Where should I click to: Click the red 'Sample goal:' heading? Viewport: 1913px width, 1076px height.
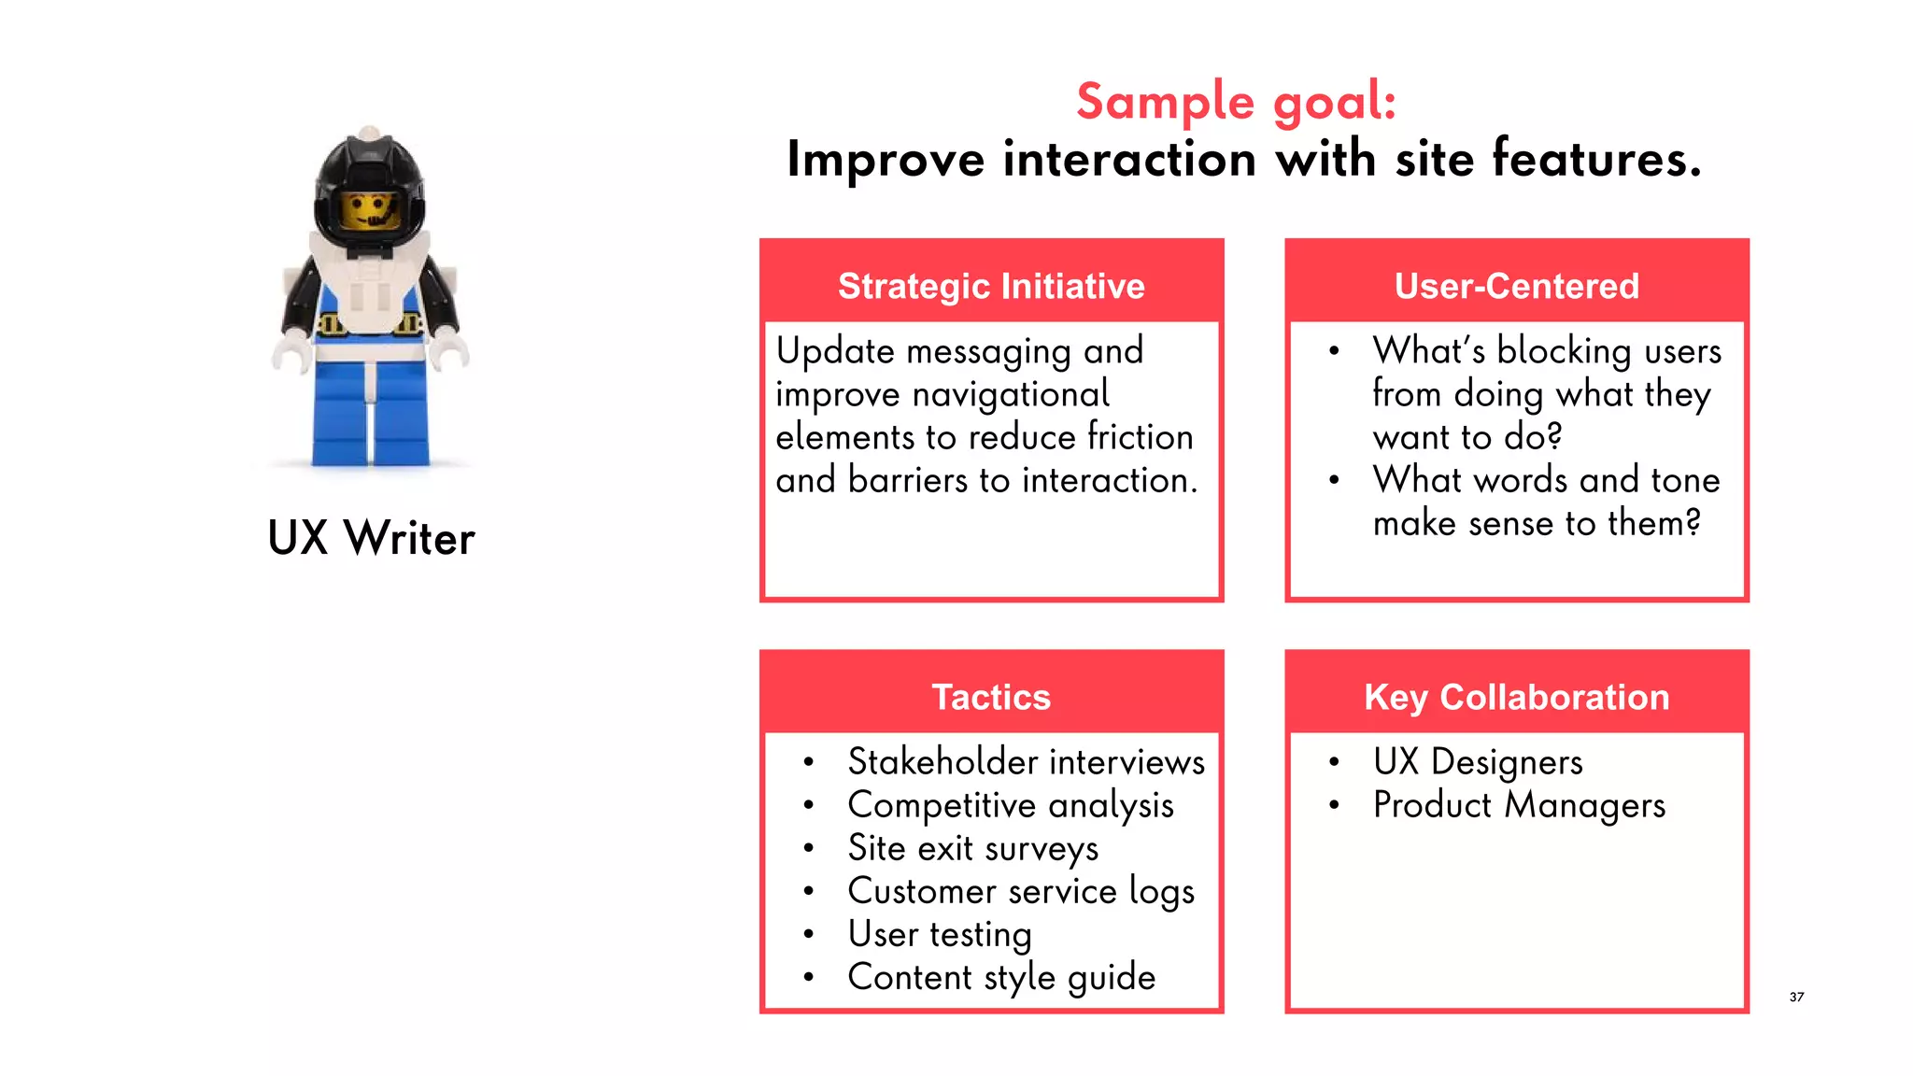[x=1236, y=101]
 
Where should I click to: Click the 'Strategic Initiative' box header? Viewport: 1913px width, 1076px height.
[x=991, y=286]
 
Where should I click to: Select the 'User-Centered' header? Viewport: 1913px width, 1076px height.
[x=1516, y=286]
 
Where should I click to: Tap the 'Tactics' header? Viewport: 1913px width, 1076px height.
[x=991, y=697]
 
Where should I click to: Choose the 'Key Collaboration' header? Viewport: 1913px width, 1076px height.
[x=1516, y=697]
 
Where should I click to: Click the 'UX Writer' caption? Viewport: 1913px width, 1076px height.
[x=371, y=538]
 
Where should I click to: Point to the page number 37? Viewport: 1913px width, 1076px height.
[x=1796, y=997]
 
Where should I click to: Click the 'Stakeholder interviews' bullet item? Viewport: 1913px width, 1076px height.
[x=1026, y=762]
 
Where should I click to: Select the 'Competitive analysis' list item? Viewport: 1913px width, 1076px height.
[x=1010, y=805]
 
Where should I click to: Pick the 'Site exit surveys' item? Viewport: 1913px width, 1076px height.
[x=972, y=848]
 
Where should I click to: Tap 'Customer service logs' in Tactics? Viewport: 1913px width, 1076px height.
[x=1020, y=891]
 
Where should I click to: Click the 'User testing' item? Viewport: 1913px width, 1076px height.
[x=939, y=934]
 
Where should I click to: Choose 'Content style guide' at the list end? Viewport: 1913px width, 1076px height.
[x=1001, y=977]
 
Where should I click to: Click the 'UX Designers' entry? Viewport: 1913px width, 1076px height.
[x=1477, y=762]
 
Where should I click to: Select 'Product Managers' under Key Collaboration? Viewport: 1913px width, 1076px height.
[x=1519, y=805]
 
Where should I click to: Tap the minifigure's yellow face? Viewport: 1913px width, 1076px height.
[x=370, y=211]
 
